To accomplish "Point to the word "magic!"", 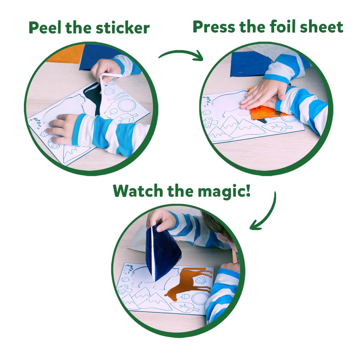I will (x=224, y=191).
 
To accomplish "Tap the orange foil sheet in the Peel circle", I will (x=65, y=53).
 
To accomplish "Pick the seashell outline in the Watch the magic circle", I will (x=201, y=280).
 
